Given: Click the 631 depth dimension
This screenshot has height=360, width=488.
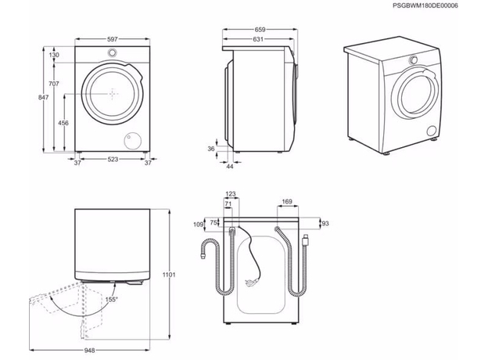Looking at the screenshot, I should [258, 39].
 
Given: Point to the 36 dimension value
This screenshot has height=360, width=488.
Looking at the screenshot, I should [211, 148].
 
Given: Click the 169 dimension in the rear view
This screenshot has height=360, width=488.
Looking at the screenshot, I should [286, 202].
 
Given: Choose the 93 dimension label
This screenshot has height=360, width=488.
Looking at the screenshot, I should [325, 224].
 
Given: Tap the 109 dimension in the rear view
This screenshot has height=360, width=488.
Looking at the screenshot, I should [197, 225].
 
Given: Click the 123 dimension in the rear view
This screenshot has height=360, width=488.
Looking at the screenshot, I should [230, 194].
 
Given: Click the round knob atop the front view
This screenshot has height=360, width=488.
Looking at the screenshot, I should [114, 53].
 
